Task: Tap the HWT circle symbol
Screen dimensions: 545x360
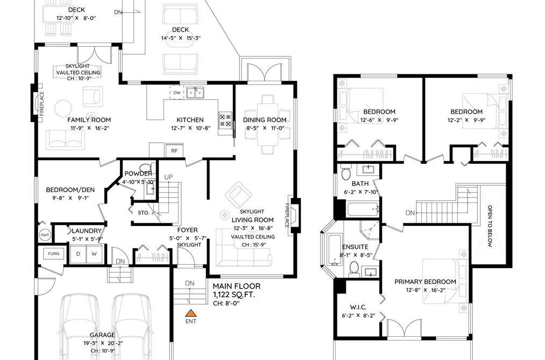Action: (45, 235)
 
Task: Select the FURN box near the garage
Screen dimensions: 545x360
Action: (53, 253)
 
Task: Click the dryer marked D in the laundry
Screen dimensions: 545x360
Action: (78, 253)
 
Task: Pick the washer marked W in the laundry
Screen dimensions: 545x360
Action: (94, 253)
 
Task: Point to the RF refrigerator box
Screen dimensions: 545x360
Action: (174, 151)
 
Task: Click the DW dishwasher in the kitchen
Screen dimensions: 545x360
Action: (177, 93)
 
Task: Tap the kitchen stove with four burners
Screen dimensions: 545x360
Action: (225, 120)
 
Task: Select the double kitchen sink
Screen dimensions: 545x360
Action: (195, 93)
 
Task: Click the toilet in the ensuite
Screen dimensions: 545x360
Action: (354, 270)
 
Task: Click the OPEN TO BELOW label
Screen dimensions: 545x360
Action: (490, 226)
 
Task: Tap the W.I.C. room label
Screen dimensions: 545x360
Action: (358, 307)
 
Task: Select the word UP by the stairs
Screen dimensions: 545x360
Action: (168, 177)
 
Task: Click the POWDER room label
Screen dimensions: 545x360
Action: (138, 174)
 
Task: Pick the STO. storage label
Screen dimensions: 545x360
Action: (144, 213)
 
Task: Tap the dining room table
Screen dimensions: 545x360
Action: (267, 124)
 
